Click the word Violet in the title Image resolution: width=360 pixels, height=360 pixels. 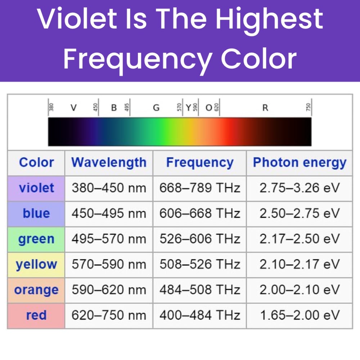coord(77,19)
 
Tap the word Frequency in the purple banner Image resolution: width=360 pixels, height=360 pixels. coord(137,59)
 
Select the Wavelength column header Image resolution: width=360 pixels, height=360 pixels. coord(109,163)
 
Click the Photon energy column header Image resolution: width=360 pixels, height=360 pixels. coord(300,163)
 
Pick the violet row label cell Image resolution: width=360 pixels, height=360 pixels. coord(36,188)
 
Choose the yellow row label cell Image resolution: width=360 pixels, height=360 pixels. coord(36,265)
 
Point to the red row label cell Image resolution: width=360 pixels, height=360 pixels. coord(36,315)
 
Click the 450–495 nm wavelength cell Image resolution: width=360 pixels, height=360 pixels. coord(109,214)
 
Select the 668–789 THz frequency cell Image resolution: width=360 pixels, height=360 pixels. coord(200,188)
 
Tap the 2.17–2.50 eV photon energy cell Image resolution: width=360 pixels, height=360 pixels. coord(300,239)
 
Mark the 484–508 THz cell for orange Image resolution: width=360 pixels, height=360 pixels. coord(200,290)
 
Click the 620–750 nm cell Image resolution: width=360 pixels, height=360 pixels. coord(109,315)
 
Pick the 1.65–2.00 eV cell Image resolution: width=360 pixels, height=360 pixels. coord(300,315)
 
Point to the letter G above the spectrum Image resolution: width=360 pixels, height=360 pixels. coord(156,107)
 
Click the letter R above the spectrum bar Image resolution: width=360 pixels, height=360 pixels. coord(265,107)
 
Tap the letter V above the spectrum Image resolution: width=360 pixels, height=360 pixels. coord(73,107)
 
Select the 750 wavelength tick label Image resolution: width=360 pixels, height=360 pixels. coord(309,107)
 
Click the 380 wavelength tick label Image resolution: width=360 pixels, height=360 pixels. coord(51,107)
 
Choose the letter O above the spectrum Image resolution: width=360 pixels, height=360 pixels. coord(209,107)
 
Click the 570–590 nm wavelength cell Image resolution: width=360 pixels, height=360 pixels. coord(109,265)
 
